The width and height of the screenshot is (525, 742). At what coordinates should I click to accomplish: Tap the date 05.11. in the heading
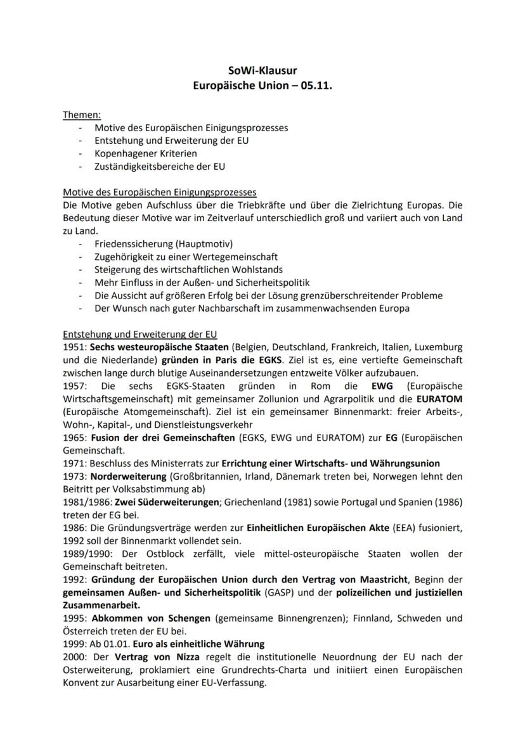[x=315, y=84]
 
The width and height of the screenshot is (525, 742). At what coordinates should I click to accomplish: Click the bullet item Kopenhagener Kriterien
[x=145, y=153]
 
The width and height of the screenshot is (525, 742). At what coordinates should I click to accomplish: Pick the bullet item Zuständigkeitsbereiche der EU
[x=159, y=167]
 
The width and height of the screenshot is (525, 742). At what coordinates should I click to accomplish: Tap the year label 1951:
[x=75, y=347]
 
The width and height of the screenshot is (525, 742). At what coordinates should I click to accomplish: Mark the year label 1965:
[x=75, y=437]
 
